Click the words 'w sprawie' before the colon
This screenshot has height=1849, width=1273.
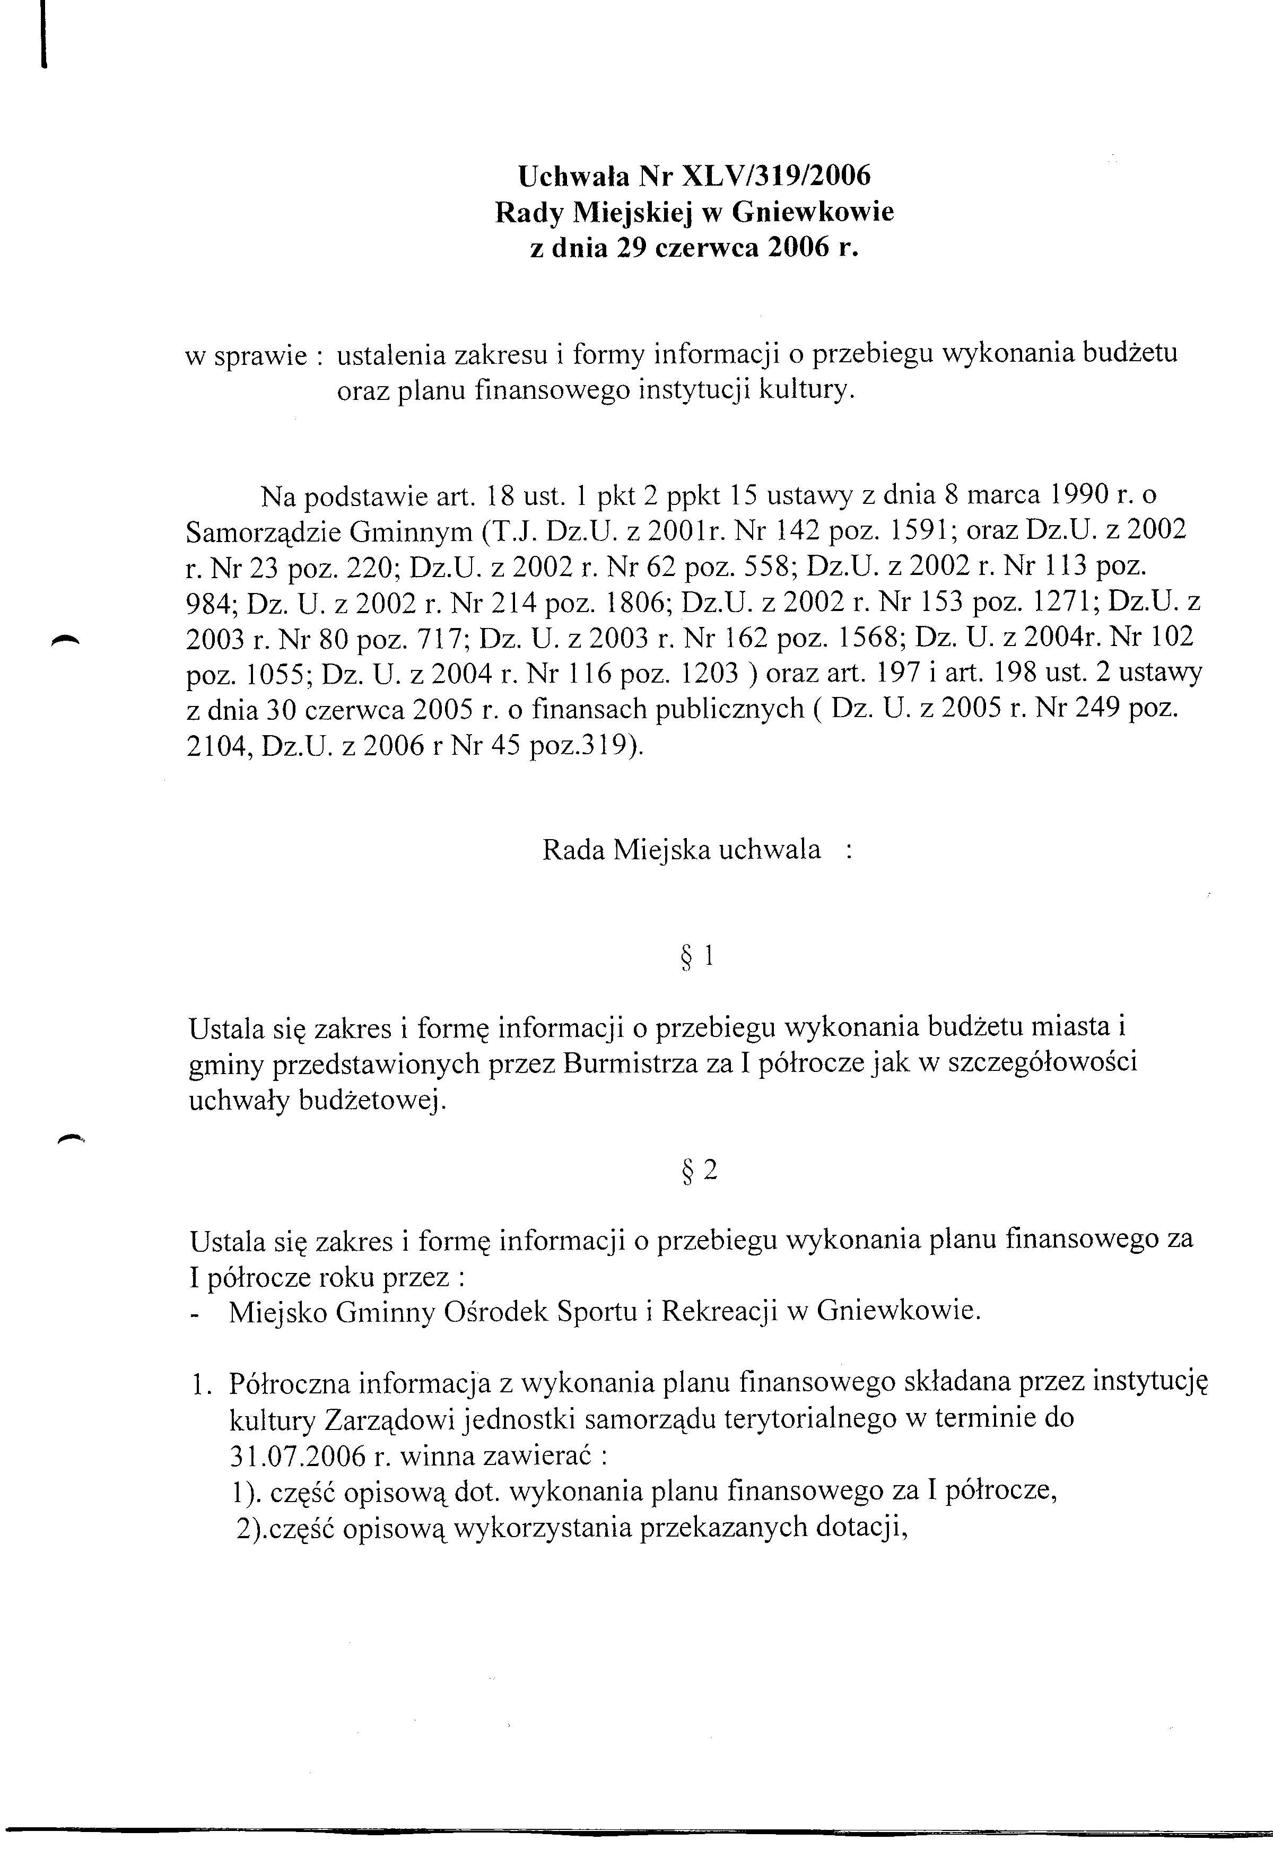246,356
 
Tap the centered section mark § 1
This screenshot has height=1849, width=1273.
695,956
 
